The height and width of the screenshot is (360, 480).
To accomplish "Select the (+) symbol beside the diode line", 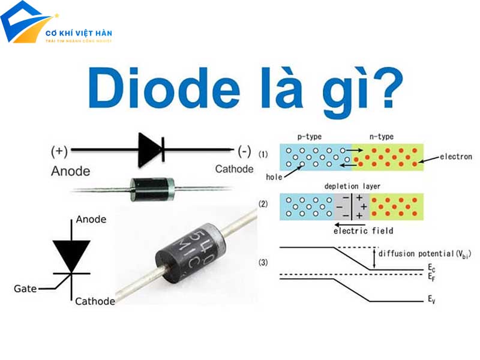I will (x=60, y=150).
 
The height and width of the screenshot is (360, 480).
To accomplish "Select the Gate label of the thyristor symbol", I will (x=25, y=289).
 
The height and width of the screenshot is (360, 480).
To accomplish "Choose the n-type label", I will (x=381, y=137).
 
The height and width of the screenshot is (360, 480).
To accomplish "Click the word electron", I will (x=455, y=157).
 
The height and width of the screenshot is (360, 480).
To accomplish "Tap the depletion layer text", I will (x=352, y=187).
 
